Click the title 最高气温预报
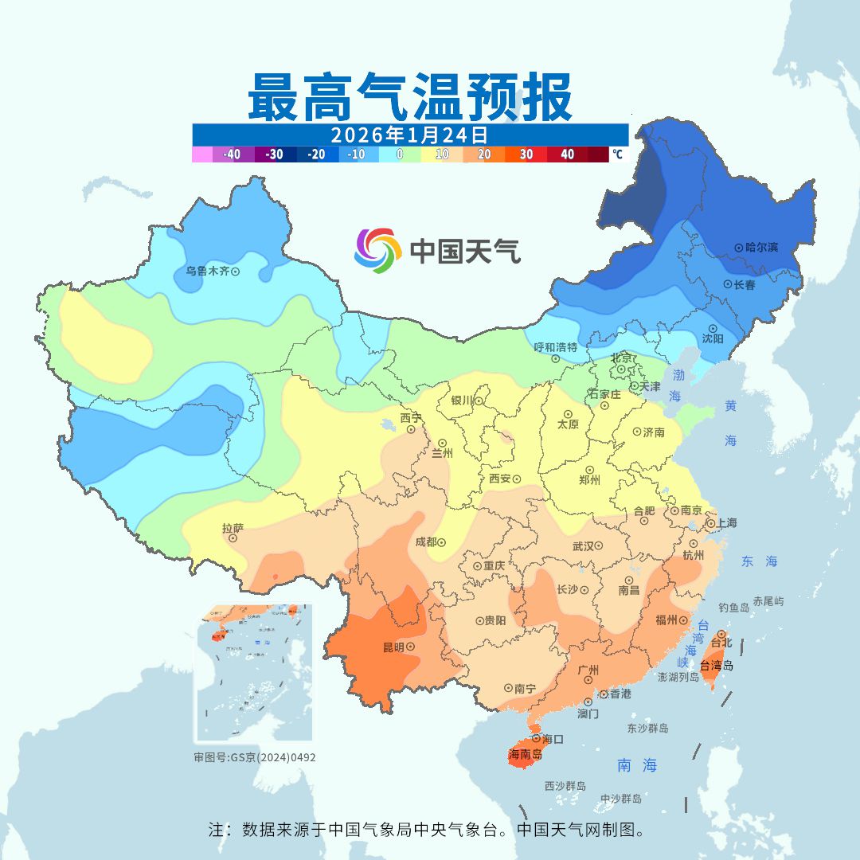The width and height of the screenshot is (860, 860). [x=409, y=98]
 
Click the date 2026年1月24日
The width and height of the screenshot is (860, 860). [x=409, y=134]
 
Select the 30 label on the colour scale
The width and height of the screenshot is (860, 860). [x=526, y=154]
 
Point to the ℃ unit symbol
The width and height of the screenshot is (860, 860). [x=617, y=154]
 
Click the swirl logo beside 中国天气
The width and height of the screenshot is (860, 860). [x=377, y=250]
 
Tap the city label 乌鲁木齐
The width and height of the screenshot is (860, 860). [x=207, y=271]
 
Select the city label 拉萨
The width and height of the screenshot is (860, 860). [x=233, y=527]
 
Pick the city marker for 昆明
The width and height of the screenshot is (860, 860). [x=411, y=647]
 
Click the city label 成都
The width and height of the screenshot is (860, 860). [x=425, y=542]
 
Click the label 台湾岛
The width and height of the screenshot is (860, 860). [x=717, y=666]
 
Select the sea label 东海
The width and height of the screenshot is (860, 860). [x=758, y=561]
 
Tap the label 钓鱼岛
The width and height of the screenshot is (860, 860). [x=733, y=608]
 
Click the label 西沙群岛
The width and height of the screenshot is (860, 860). [x=565, y=786]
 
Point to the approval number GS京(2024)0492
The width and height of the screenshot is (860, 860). [x=272, y=757]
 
